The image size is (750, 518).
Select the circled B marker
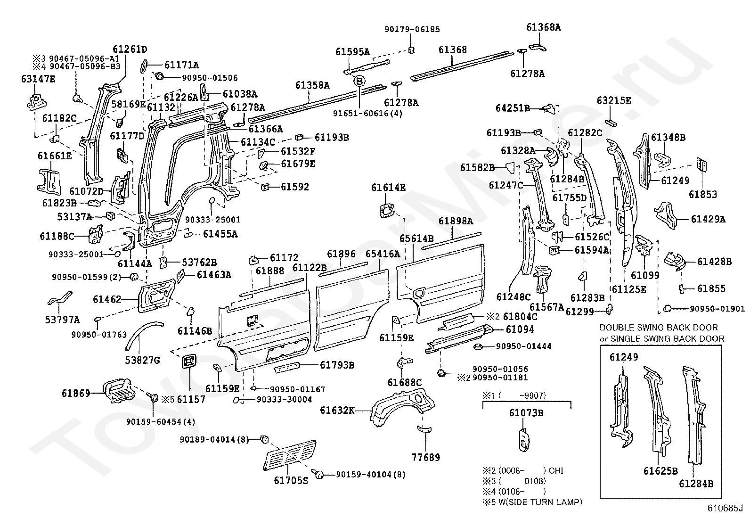(359, 81)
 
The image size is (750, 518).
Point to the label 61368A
(543, 27)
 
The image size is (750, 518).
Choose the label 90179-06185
(412, 29)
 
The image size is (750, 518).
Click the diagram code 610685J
(724, 509)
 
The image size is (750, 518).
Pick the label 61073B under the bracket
(526, 413)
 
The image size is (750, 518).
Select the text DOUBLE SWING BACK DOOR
(659, 328)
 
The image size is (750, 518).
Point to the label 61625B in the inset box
(660, 470)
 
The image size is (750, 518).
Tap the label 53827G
(142, 361)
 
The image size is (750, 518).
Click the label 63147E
(38, 79)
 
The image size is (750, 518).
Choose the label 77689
(425, 457)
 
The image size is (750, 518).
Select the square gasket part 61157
(189, 362)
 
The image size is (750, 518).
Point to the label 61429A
(708, 219)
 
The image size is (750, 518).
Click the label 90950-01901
(717, 309)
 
